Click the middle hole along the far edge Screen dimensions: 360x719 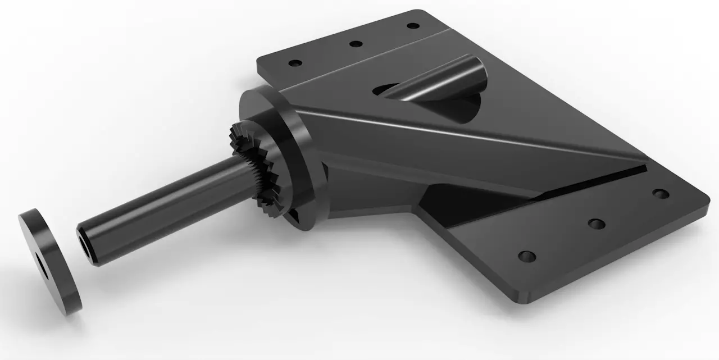(x=356, y=44)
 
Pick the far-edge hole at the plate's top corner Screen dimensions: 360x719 (x=413, y=26)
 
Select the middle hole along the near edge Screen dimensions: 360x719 (x=596, y=224)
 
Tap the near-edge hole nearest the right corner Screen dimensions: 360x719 (x=661, y=194)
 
